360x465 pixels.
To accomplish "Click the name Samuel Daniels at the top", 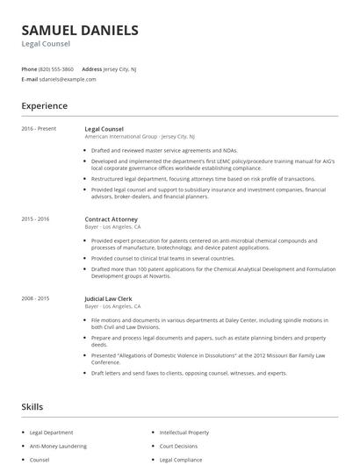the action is point(80,30).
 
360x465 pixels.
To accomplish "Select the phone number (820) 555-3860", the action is point(56,68).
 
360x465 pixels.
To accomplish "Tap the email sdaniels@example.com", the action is point(68,79).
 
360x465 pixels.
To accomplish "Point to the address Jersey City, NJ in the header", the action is point(120,68).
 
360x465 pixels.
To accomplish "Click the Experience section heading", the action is point(45,106).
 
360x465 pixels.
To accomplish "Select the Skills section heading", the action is point(32,407).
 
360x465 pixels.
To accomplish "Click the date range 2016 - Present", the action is point(39,129).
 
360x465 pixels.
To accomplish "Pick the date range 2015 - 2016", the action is point(36,218).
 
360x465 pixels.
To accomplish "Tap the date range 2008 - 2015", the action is point(36,299).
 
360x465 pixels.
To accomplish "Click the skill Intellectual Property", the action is point(184,433).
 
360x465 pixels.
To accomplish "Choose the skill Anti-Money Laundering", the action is point(58,446).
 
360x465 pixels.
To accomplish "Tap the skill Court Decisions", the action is point(178,446).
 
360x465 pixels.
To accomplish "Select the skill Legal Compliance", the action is point(181,459).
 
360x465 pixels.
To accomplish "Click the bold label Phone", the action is point(29,68).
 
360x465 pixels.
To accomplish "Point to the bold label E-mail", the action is point(30,79).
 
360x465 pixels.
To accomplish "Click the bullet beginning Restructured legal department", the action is point(203,178).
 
